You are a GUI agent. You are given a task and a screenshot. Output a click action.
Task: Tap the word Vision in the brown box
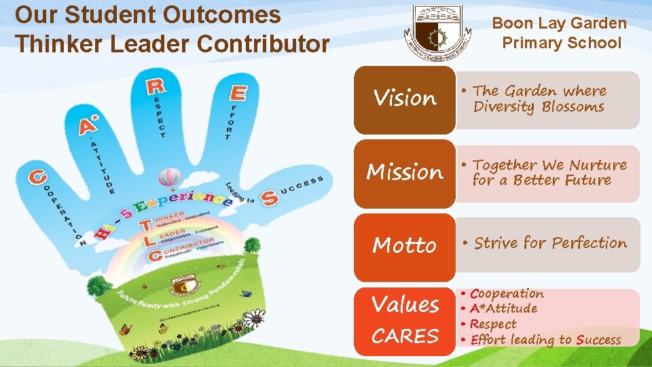(405, 99)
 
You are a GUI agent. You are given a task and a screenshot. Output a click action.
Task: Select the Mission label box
(405, 173)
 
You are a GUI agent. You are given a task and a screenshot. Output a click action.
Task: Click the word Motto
(405, 245)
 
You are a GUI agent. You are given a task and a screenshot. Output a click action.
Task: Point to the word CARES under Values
(405, 336)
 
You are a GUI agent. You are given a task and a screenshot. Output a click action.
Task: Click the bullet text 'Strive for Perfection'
(550, 243)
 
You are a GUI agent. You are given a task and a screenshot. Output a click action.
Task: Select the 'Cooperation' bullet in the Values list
(507, 294)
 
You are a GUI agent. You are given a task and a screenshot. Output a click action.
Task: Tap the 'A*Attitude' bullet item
(503, 309)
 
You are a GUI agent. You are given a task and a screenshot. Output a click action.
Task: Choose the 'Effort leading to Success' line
(545, 340)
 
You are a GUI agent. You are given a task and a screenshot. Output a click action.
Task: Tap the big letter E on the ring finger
(238, 92)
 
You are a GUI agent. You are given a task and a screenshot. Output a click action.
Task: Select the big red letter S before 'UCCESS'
(269, 198)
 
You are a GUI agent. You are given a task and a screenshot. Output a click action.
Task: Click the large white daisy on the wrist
(255, 317)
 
